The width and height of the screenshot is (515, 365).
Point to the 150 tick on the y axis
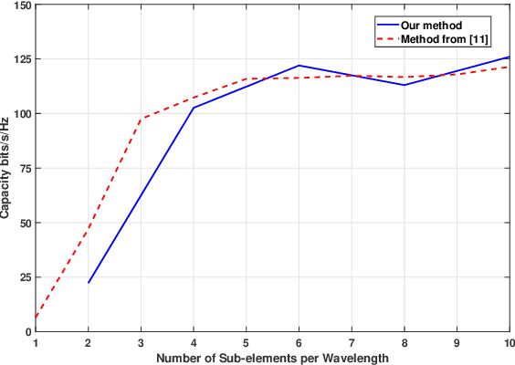pos(20,5)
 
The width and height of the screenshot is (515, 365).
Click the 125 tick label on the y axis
pos(20,59)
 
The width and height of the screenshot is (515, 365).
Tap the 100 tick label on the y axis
pos(20,114)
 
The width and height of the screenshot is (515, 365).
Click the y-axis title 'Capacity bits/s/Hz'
pos(6,169)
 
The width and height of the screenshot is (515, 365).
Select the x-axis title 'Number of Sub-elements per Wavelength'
pos(272,357)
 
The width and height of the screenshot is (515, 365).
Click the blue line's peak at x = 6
pos(299,66)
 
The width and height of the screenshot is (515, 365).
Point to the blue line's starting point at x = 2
pos(89,283)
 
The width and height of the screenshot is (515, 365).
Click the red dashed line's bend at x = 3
pos(141,120)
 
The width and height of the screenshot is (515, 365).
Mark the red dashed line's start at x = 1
pos(36,318)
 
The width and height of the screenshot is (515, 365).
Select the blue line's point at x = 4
pos(194,108)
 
